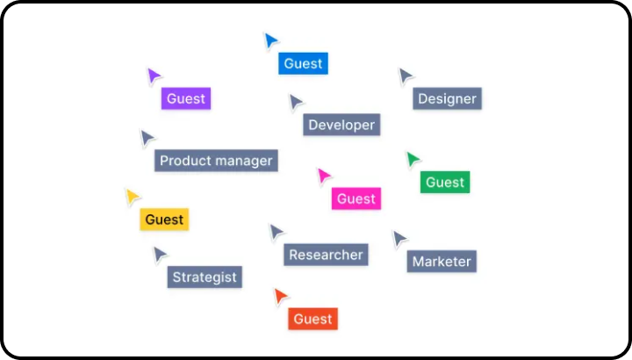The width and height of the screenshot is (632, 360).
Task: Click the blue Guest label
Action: click(303, 63)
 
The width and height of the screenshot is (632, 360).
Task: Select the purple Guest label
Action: click(186, 98)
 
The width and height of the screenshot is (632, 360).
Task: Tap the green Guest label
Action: click(445, 183)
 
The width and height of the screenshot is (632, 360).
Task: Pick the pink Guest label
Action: click(356, 198)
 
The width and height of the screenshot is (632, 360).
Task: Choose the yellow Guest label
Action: click(164, 220)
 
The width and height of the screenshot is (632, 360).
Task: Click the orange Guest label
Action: click(312, 319)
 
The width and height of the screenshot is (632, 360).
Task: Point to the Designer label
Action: click(447, 98)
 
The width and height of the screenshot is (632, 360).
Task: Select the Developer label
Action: click(341, 125)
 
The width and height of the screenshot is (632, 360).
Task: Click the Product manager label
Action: click(216, 161)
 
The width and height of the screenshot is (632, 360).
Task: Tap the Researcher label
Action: click(326, 255)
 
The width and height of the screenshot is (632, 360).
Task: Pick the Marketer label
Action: click(442, 262)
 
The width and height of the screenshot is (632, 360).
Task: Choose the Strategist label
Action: click(205, 277)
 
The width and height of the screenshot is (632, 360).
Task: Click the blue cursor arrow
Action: click(270, 40)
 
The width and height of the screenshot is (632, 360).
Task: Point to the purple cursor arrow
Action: click(154, 76)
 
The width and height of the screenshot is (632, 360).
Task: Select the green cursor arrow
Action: click(413, 160)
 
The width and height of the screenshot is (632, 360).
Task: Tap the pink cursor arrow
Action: click(324, 176)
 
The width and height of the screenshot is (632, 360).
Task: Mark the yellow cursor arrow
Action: click(132, 197)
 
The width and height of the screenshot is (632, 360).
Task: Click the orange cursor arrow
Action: click(280, 296)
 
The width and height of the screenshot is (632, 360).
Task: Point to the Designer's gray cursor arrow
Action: click(405, 76)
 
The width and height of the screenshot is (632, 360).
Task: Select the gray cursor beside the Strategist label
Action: click(160, 255)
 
